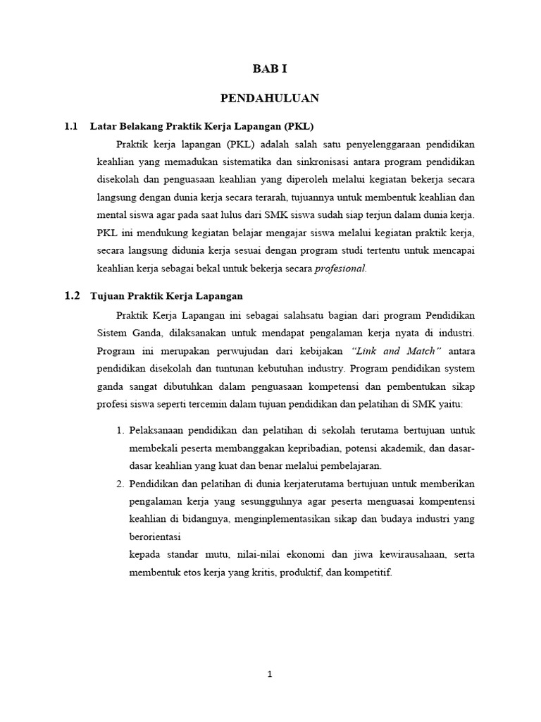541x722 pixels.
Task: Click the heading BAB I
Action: pyautogui.click(x=270, y=68)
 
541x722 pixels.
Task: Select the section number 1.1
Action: pyautogui.click(x=70, y=126)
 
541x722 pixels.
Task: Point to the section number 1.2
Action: pyautogui.click(x=72, y=295)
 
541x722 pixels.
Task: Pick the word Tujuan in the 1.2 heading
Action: pyautogui.click(x=106, y=296)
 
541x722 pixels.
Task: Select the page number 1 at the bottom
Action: pyautogui.click(x=270, y=674)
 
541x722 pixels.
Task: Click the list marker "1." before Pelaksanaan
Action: pyautogui.click(x=119, y=429)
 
